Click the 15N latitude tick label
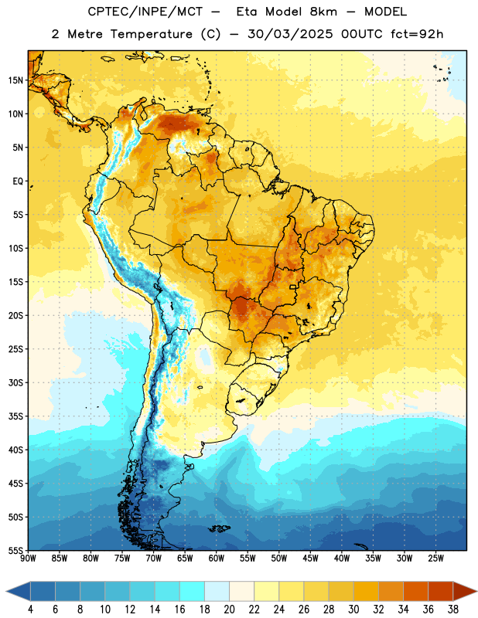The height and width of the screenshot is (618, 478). (x=15, y=80)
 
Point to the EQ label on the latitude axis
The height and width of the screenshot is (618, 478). (x=18, y=182)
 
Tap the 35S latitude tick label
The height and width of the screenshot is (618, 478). (x=15, y=416)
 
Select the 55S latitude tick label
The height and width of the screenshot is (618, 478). (x=15, y=550)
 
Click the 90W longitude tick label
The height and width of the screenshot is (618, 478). (x=29, y=559)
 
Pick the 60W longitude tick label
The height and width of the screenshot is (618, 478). (x=217, y=559)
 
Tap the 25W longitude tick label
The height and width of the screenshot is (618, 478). (x=435, y=559)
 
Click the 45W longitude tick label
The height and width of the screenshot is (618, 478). (x=310, y=559)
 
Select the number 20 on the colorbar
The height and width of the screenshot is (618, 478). (x=229, y=610)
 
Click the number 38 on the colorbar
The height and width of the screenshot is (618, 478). (x=453, y=610)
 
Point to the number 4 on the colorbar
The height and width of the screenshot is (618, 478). (x=30, y=610)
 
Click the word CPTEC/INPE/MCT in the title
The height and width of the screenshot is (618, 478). (x=145, y=12)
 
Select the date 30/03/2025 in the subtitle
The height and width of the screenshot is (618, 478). (x=290, y=34)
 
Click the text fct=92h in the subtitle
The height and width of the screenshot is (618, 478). (x=417, y=34)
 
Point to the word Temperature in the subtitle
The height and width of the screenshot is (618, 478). (x=151, y=34)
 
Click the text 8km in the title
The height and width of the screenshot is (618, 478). (x=323, y=12)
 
